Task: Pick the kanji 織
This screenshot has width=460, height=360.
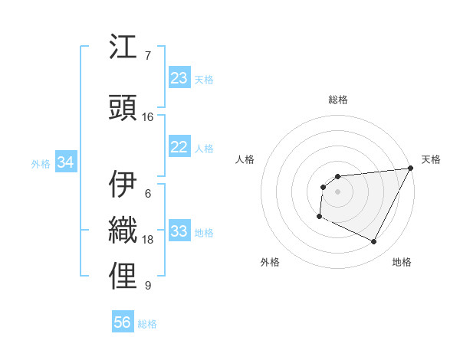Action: (123, 230)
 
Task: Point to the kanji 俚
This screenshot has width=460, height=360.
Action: (123, 276)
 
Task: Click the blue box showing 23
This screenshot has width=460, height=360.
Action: (179, 78)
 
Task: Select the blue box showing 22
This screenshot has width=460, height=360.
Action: (179, 148)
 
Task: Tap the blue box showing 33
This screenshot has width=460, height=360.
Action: (179, 232)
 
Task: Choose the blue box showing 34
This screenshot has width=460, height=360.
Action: (66, 163)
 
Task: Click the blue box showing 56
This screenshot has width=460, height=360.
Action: (123, 323)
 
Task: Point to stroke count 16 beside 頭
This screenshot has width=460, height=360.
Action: (148, 116)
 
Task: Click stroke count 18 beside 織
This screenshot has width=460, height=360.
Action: (148, 240)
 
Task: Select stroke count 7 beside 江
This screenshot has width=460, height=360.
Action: (148, 55)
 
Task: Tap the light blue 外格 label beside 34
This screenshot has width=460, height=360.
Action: (41, 164)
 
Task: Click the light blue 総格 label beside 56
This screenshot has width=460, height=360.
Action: (147, 324)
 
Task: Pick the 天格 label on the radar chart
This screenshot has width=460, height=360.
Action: (431, 159)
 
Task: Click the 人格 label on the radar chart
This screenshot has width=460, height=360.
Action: (245, 159)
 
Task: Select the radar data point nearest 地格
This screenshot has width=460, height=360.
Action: (374, 242)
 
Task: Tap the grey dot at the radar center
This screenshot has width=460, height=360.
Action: (337, 191)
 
